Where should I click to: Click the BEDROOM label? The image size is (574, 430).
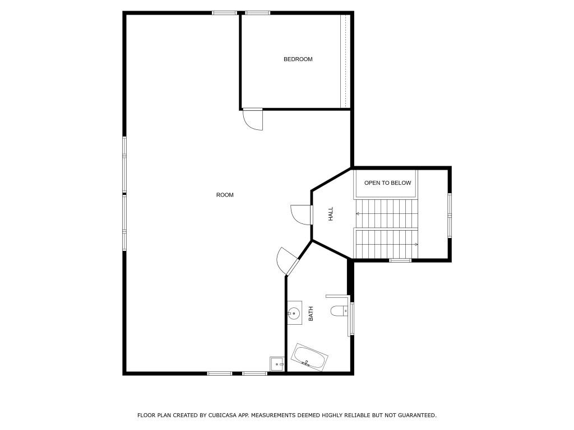click(x=298, y=59)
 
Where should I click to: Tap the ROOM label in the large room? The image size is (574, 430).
click(x=225, y=195)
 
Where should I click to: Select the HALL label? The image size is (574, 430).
click(x=331, y=213)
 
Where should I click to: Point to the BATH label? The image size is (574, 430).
click(x=311, y=314)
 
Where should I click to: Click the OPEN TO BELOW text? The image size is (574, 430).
click(x=387, y=183)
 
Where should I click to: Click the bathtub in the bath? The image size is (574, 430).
click(x=309, y=358)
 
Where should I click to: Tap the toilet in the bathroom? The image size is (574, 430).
click(x=339, y=311)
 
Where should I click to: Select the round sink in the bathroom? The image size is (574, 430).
click(x=294, y=313)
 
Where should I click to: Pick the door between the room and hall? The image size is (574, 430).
click(x=302, y=214)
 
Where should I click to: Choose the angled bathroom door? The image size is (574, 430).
click(x=288, y=261)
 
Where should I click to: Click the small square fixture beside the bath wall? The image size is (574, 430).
click(x=277, y=364)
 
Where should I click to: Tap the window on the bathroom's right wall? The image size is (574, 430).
click(x=351, y=318)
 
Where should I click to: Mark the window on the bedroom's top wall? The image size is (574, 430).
click(x=258, y=13)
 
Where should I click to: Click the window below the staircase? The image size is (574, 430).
click(x=400, y=260)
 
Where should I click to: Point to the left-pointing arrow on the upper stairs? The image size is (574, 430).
click(x=358, y=213)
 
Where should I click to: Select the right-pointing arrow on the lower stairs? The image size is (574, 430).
click(x=415, y=244)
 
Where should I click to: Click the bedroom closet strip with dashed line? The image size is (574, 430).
click(x=346, y=61)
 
